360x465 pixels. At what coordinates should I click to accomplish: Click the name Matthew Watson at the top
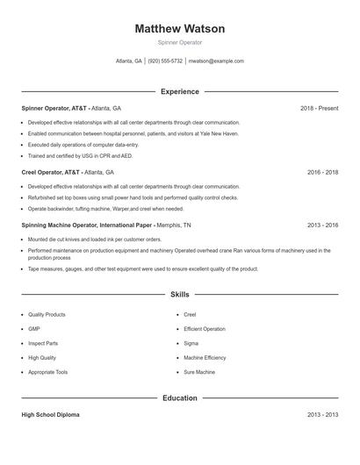coord(180,29)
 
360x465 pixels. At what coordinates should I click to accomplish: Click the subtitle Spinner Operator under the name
coord(180,42)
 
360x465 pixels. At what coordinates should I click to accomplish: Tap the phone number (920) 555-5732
coord(165,61)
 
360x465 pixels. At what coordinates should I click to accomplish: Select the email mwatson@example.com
coord(217,61)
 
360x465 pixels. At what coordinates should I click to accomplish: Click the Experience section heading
coord(180,91)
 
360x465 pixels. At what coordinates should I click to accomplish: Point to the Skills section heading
coord(180,295)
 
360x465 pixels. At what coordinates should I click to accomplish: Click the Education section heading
coord(180,398)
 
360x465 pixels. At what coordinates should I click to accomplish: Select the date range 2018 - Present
coord(319,108)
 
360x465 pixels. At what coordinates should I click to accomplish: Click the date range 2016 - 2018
coord(322,173)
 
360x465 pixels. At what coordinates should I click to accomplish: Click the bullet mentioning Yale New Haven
coord(133,133)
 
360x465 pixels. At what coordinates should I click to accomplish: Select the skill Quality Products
coord(47,314)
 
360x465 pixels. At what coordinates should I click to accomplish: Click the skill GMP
coord(34,329)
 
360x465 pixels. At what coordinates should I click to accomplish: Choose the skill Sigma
coord(191,343)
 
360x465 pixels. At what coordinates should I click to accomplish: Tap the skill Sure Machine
coord(199,372)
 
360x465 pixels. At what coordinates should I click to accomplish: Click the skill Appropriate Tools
coord(47,372)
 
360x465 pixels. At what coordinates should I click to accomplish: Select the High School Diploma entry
coord(50,415)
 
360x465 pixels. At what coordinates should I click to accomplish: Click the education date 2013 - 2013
coord(322,415)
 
